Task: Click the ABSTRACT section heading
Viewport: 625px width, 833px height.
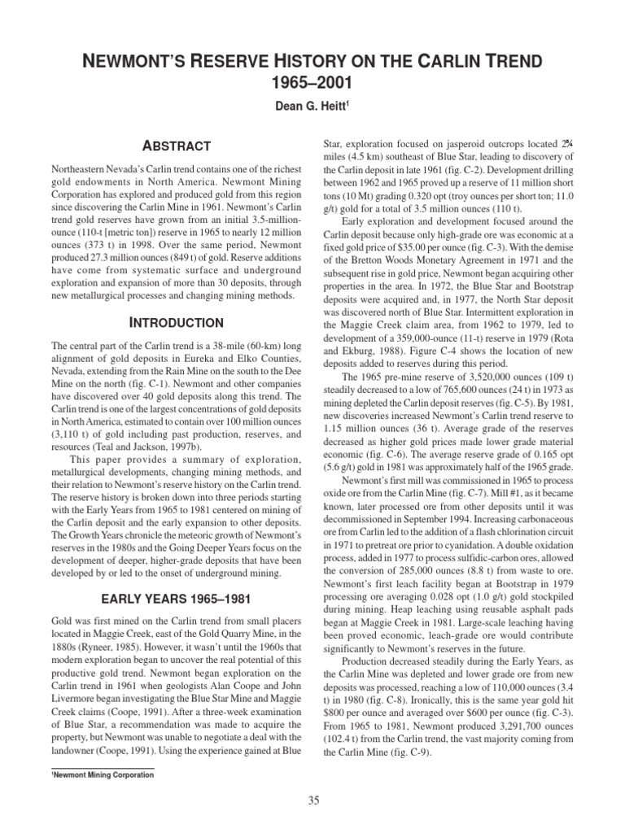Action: click(177, 146)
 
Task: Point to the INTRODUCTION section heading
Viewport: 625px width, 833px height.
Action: click(177, 323)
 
